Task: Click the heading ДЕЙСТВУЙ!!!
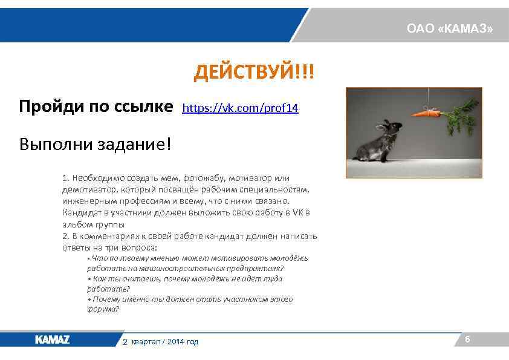(254, 74)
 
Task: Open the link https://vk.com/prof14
(240, 108)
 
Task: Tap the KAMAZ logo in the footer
(52, 340)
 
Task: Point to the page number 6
(467, 340)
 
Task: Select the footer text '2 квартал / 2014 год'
(160, 342)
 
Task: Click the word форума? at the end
(103, 309)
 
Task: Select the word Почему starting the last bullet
(109, 299)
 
